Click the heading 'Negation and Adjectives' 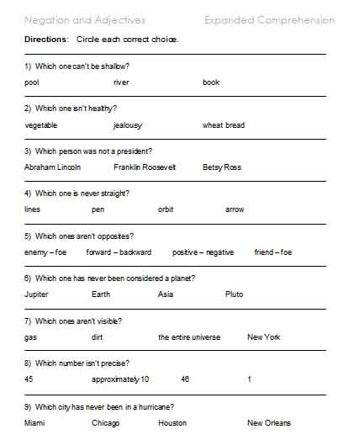click(x=85, y=19)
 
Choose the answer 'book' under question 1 click(x=210, y=82)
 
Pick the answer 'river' click(x=121, y=82)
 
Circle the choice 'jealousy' click(x=128, y=125)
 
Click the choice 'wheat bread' click(x=224, y=125)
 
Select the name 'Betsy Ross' click(x=222, y=167)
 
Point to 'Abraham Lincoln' click(x=53, y=167)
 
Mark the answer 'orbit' click(x=166, y=209)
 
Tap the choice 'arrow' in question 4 click(x=235, y=209)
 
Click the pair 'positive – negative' click(x=203, y=252)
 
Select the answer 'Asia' click(x=166, y=294)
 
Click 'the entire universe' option click(x=189, y=337)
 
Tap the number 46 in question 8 click(x=185, y=379)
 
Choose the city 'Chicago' click(x=107, y=422)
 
